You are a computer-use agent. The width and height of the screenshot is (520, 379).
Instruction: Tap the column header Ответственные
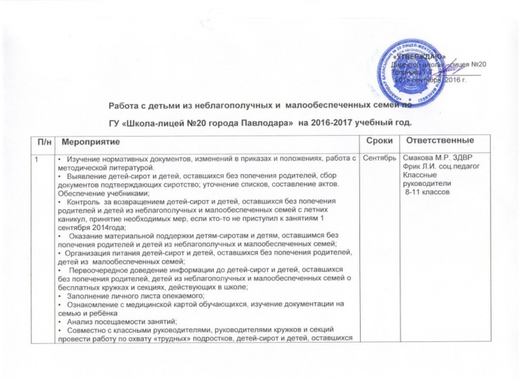[438, 141]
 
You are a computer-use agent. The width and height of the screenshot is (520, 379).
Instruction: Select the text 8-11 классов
[424, 193]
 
